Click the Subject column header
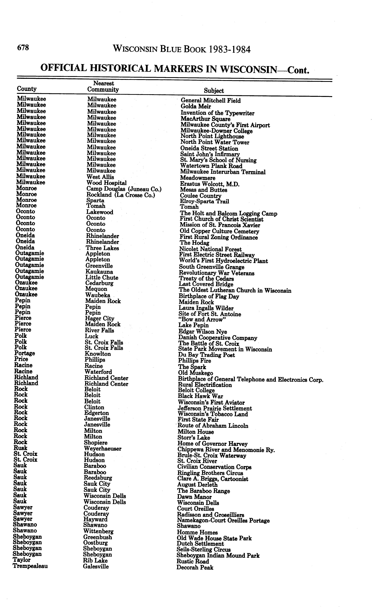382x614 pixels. pyautogui.click(x=214, y=91)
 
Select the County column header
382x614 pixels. pyautogui.click(x=27, y=89)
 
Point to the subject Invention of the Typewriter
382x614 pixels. pyautogui.click(x=217, y=113)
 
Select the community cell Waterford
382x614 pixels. pyautogui.click(x=98, y=372)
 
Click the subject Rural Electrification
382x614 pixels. pyautogui.click(x=205, y=385)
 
